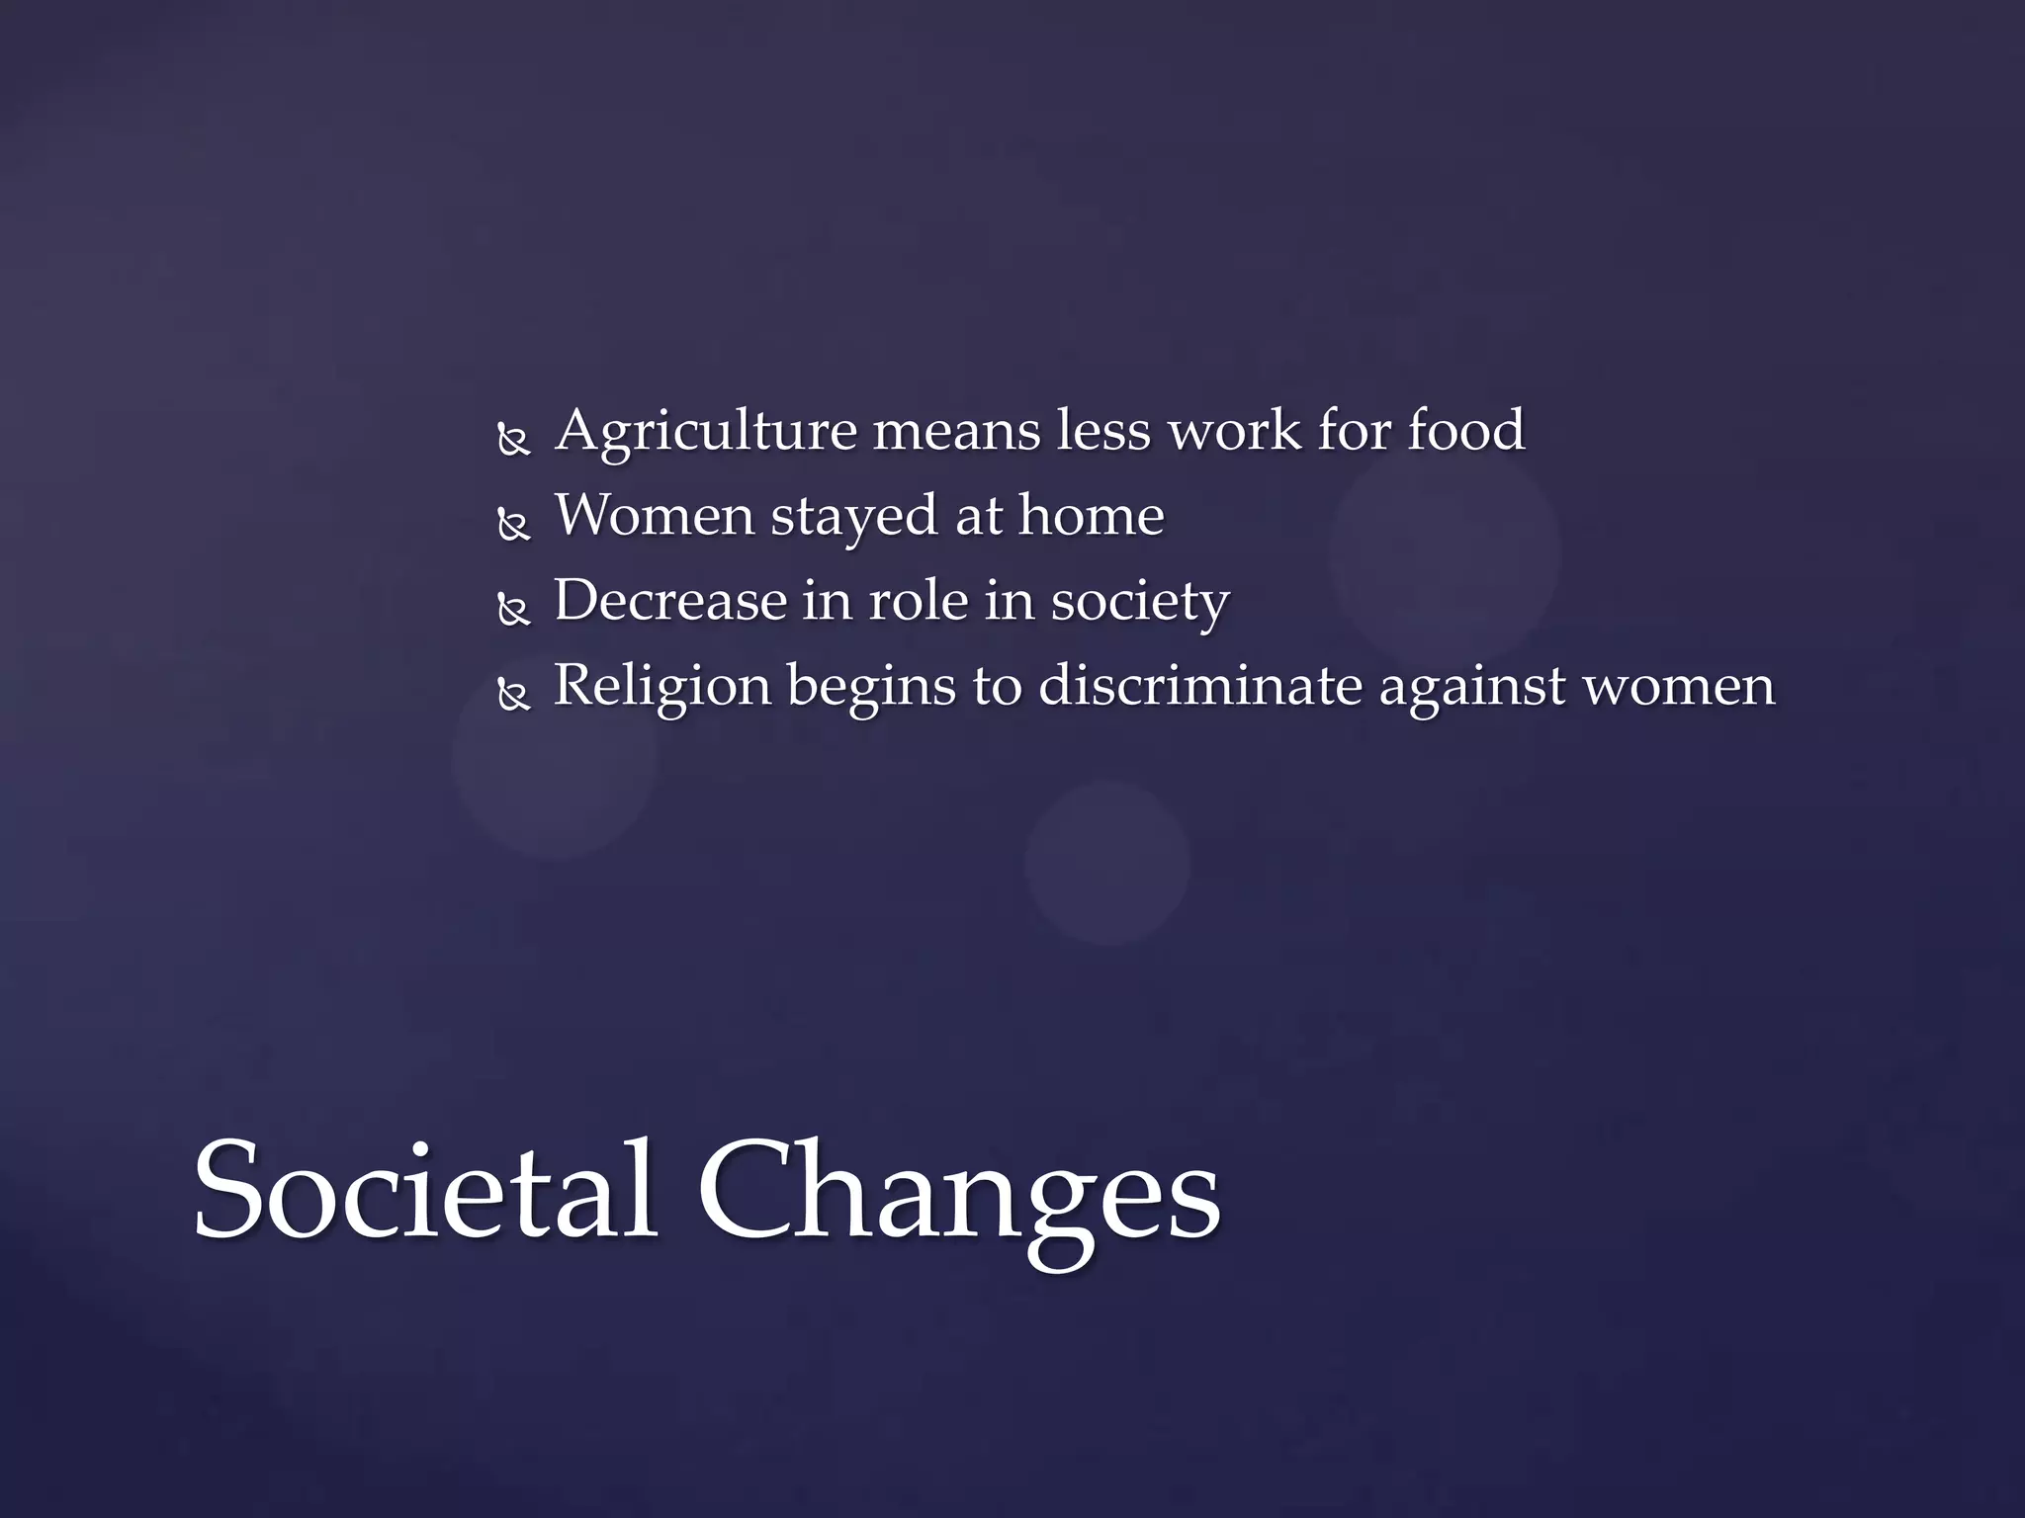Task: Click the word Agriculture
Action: [x=706, y=433]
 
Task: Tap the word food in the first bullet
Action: [x=1465, y=431]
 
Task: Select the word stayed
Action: [x=853, y=518]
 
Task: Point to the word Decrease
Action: [x=669, y=601]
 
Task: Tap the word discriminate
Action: [x=1199, y=686]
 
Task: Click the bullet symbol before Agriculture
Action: [x=514, y=439]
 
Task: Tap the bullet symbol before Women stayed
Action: [x=514, y=524]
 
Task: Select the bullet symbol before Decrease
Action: [x=514, y=610]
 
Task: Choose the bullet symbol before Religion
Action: [x=514, y=695]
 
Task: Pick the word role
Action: [x=918, y=601]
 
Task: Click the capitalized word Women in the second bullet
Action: [x=654, y=516]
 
